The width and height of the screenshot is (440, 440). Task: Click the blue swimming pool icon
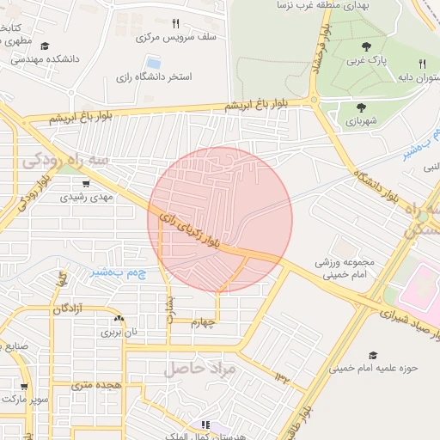[x=154, y=63]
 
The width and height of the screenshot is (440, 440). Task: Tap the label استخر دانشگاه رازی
[x=154, y=77]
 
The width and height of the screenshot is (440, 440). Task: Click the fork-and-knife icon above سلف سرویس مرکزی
[x=175, y=24]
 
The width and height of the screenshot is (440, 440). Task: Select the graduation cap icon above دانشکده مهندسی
[x=45, y=46]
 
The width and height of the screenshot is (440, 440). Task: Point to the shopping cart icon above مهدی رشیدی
[x=85, y=183]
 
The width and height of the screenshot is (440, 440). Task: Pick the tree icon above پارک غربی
[x=367, y=47]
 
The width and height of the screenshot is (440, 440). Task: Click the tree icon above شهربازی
[x=361, y=107]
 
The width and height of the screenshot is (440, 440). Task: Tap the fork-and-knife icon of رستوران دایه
[x=421, y=64]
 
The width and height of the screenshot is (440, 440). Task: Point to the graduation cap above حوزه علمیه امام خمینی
[x=373, y=355]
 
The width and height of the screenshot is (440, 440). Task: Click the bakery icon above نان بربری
[x=119, y=318]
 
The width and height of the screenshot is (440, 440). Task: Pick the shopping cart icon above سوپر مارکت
[x=25, y=387]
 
